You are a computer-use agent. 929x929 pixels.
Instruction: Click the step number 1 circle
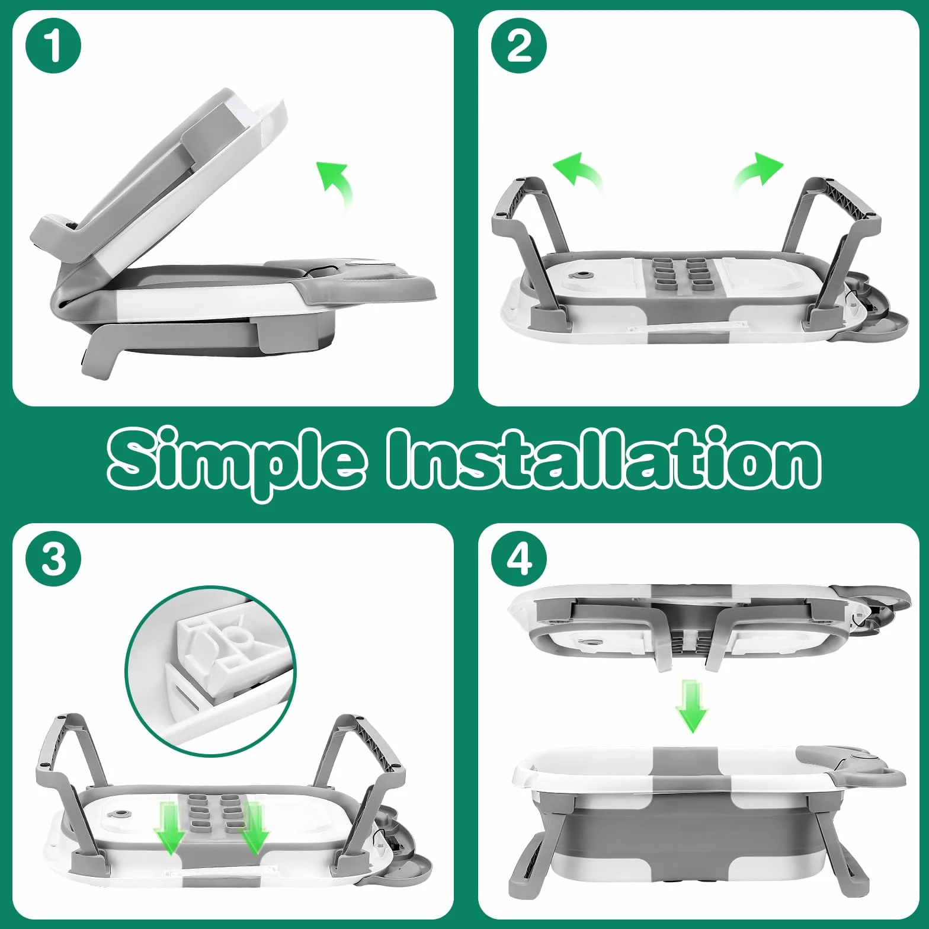pos(53,46)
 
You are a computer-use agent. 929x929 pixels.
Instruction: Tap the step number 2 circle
pos(519,46)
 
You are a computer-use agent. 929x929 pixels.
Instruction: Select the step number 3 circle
pos(53,559)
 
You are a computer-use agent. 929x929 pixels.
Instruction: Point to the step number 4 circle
pos(519,559)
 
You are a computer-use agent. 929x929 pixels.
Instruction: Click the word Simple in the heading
pos(236,463)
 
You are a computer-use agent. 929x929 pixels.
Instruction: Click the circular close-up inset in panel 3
pos(212,671)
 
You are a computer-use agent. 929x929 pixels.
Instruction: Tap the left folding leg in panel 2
pos(529,249)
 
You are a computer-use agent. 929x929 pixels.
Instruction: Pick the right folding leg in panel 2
pos(829,249)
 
